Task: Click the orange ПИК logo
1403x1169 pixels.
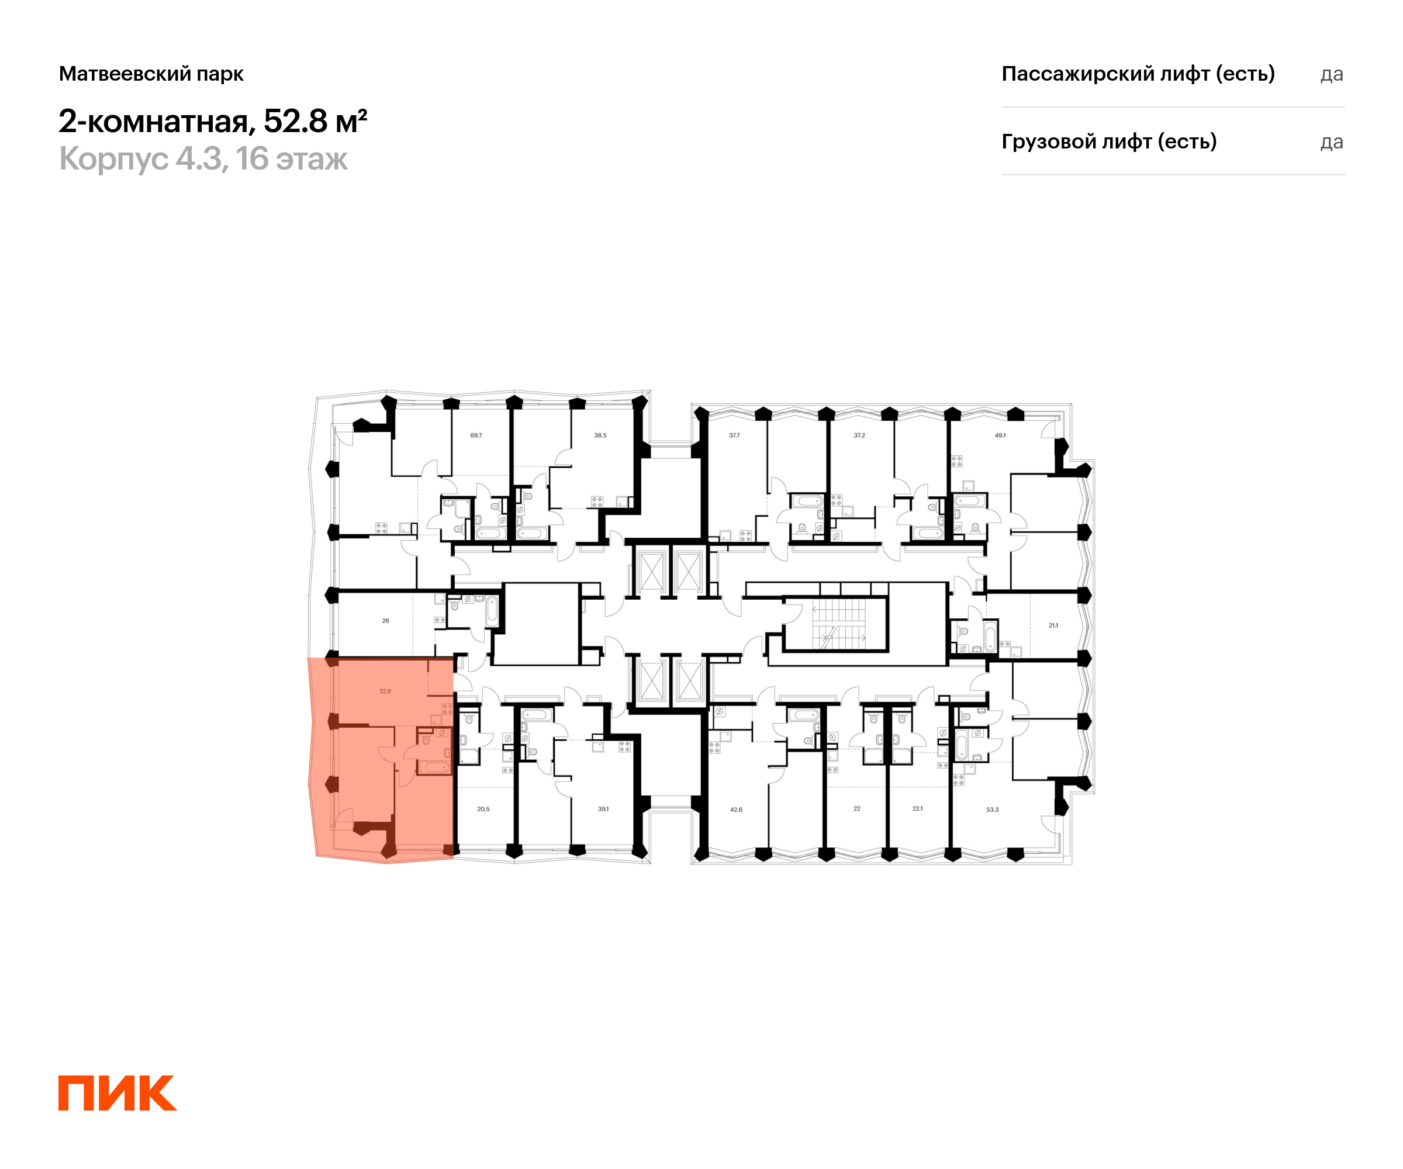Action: pyautogui.click(x=117, y=1092)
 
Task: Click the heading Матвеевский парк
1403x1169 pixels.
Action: pyautogui.click(x=151, y=74)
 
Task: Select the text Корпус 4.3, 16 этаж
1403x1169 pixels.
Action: pyautogui.click(x=203, y=159)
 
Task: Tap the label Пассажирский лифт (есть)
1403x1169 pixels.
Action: pyautogui.click(x=1138, y=74)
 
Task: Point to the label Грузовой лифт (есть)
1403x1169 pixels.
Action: pyautogui.click(x=1108, y=141)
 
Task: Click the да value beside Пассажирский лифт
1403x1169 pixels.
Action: pyautogui.click(x=1331, y=74)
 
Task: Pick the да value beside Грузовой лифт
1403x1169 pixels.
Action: pyautogui.click(x=1331, y=142)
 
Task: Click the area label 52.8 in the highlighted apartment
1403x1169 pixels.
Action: pyautogui.click(x=385, y=691)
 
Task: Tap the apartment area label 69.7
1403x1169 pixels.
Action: pyautogui.click(x=476, y=435)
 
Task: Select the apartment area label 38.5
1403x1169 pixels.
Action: pyautogui.click(x=600, y=435)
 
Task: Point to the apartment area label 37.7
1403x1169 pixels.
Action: pyautogui.click(x=734, y=435)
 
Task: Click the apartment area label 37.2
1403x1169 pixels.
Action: pyautogui.click(x=859, y=435)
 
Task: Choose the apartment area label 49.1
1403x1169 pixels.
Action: pyautogui.click(x=1000, y=435)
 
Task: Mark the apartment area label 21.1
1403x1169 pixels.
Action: pyautogui.click(x=1053, y=626)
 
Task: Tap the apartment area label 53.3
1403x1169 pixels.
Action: pyautogui.click(x=992, y=810)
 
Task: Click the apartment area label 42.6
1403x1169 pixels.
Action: pyautogui.click(x=735, y=810)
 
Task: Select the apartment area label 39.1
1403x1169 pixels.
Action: pyautogui.click(x=603, y=809)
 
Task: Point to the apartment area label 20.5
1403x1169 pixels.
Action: pyautogui.click(x=483, y=809)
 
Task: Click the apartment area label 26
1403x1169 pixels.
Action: pyautogui.click(x=385, y=621)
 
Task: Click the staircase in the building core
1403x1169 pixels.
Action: pyautogui.click(x=838, y=624)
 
